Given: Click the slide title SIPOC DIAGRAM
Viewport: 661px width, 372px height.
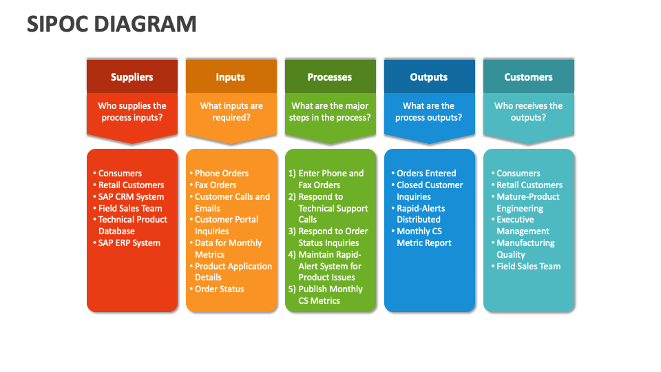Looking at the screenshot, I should (x=112, y=23).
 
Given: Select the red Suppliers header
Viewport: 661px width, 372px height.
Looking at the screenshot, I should (x=132, y=77).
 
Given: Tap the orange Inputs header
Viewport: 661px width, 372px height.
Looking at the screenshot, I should (x=231, y=77).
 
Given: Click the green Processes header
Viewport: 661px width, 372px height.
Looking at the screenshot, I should (x=330, y=77).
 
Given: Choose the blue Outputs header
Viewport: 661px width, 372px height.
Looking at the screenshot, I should (x=429, y=77).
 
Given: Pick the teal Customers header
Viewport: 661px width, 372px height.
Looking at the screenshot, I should (x=528, y=77).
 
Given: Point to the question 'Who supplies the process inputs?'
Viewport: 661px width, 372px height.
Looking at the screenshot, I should (x=132, y=112).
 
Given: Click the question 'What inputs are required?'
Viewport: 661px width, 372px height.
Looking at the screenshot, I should (x=231, y=112).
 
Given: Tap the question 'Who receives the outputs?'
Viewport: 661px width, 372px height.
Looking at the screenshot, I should (x=528, y=112).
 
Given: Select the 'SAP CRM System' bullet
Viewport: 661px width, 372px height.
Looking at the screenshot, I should (x=131, y=196).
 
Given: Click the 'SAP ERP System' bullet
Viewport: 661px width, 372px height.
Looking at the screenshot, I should (x=129, y=242).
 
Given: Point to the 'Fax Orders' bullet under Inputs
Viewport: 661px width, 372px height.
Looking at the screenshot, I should (x=215, y=185).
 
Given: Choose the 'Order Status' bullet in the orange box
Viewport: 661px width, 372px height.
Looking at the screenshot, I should (x=219, y=289).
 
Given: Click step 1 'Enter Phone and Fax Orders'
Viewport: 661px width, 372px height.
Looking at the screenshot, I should (x=326, y=179).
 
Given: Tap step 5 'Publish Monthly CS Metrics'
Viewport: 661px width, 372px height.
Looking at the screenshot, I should (x=326, y=295).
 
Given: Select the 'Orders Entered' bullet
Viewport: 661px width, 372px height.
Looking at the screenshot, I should (x=426, y=173).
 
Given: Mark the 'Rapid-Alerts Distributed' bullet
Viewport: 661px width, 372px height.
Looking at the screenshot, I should (x=421, y=214).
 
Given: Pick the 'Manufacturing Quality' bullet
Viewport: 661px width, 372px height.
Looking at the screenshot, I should (x=525, y=249).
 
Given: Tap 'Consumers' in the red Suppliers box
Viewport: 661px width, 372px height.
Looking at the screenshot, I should (x=120, y=173).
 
